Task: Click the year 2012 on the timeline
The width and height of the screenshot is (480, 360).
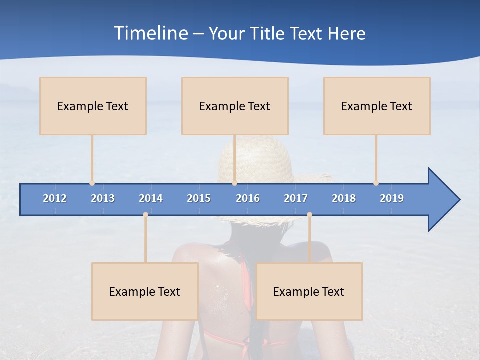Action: (55, 198)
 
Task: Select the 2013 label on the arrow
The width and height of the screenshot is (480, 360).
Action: (103, 198)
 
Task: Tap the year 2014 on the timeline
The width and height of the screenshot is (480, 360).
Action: (151, 198)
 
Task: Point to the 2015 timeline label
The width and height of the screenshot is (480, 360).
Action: (199, 198)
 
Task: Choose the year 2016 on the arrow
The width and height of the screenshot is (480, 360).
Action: (248, 198)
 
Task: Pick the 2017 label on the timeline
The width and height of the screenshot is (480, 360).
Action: (296, 198)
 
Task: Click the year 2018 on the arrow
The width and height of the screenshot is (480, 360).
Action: (344, 198)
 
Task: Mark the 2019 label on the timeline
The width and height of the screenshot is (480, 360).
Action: (392, 198)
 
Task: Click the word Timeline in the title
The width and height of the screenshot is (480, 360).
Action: (150, 33)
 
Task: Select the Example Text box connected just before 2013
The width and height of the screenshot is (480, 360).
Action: (93, 106)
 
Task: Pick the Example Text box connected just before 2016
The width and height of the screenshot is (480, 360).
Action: (235, 106)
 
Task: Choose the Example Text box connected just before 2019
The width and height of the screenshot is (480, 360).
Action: (377, 106)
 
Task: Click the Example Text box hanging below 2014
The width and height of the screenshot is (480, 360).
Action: (145, 291)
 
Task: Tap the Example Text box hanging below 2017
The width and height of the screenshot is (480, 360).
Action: (309, 291)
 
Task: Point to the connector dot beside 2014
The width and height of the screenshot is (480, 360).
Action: (145, 215)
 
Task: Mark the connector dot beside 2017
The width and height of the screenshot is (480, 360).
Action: (309, 215)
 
